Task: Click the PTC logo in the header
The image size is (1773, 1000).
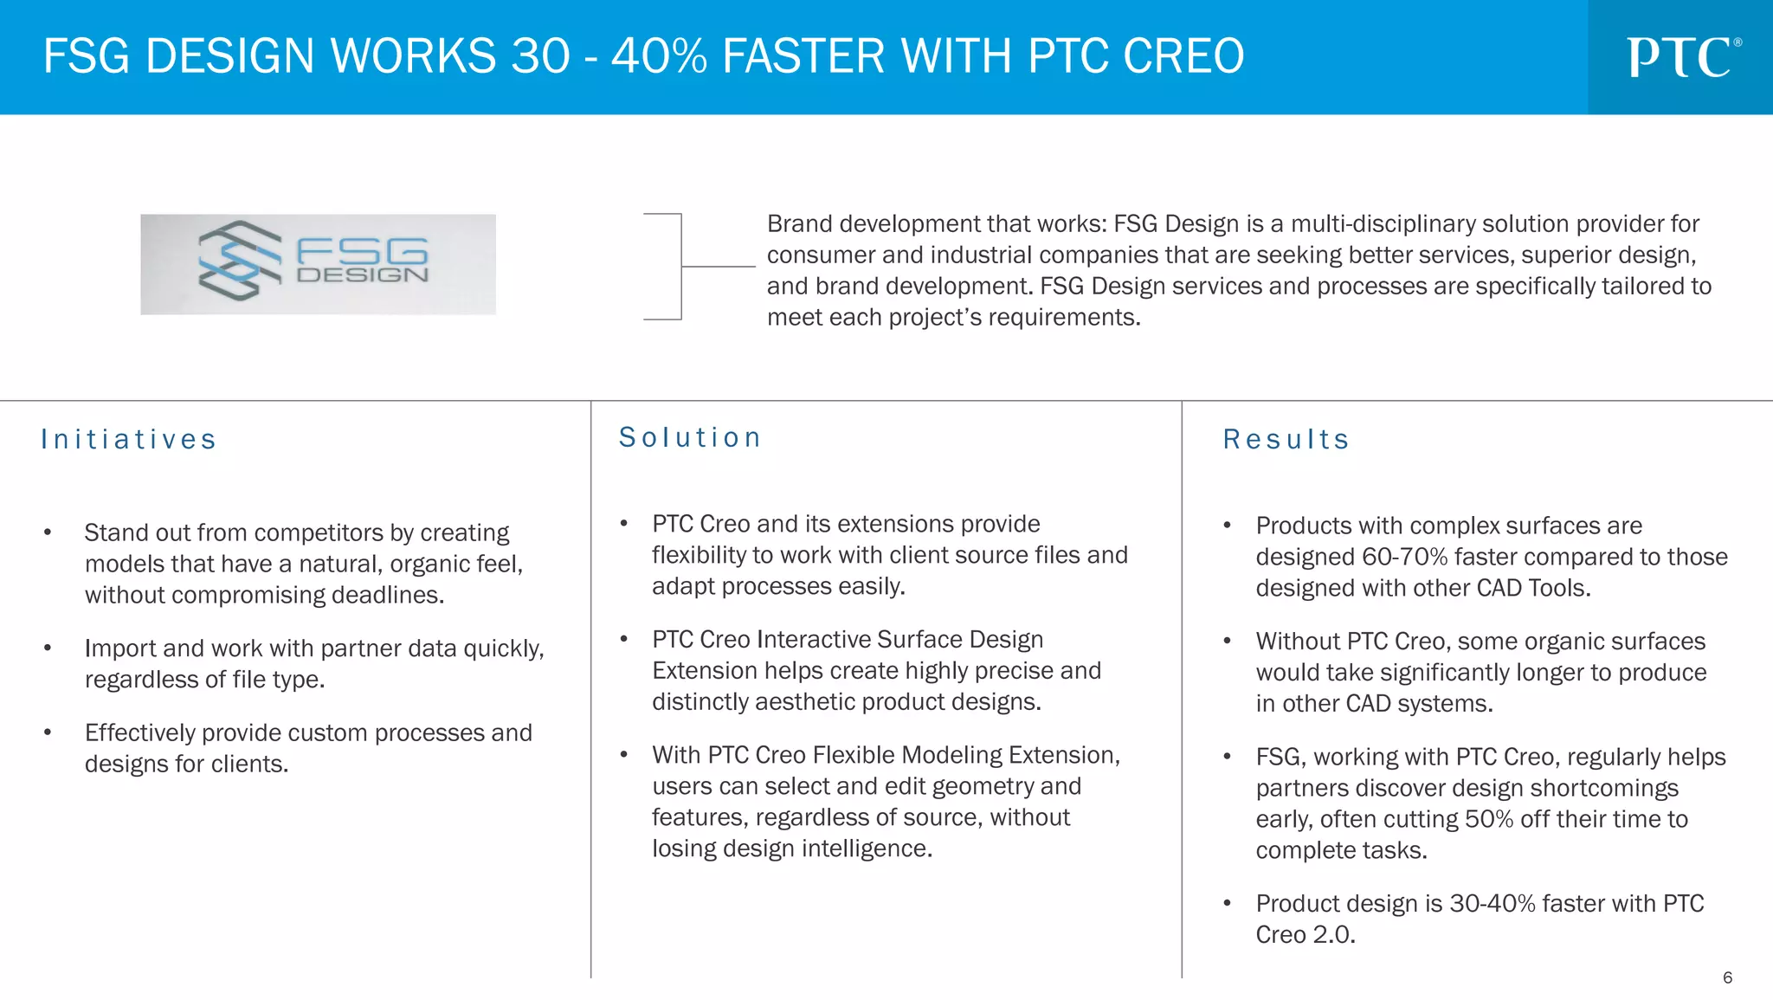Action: tap(1682, 57)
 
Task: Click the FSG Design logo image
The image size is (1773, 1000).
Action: tap(318, 264)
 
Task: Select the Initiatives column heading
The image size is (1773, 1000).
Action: tap(128, 440)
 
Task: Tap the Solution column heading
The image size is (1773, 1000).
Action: tap(690, 438)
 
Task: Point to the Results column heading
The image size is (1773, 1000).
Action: tap(1286, 440)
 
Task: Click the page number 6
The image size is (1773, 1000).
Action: tap(1727, 977)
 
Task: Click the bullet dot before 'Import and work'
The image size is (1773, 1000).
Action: tap(48, 648)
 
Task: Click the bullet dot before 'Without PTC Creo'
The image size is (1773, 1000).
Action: tap(1227, 642)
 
